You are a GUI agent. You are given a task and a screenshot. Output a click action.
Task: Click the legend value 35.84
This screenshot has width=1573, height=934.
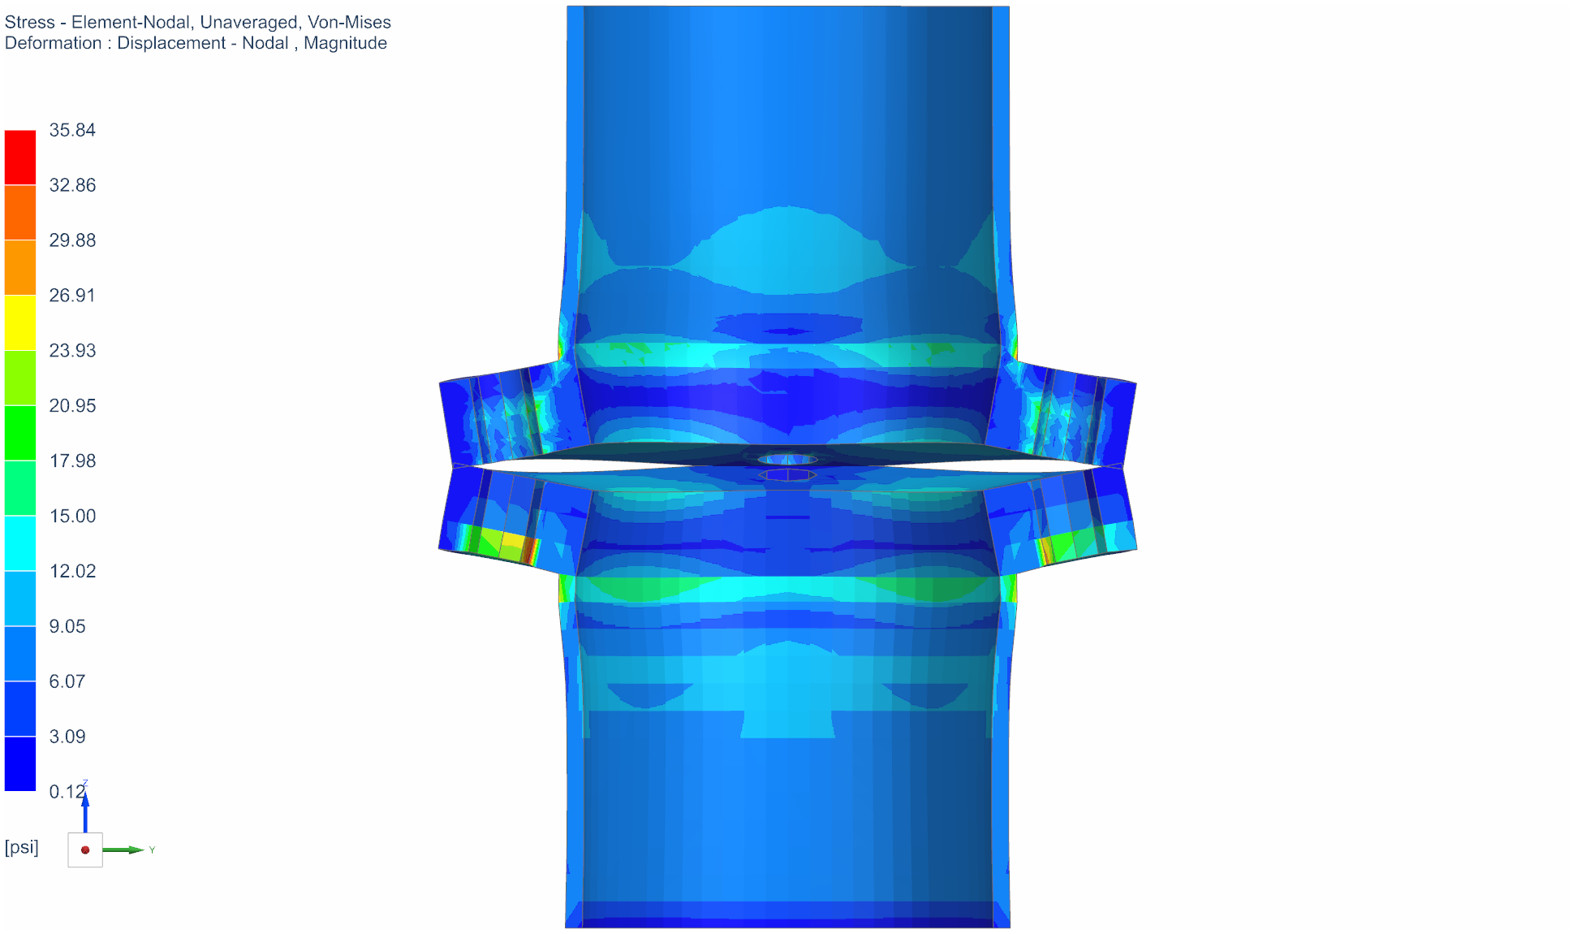(x=72, y=130)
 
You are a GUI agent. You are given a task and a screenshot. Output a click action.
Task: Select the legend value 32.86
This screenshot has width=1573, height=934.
(x=72, y=185)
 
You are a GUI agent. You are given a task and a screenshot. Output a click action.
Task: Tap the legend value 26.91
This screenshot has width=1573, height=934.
(x=72, y=296)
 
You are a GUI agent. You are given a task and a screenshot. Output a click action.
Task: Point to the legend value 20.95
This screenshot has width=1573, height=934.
(x=72, y=406)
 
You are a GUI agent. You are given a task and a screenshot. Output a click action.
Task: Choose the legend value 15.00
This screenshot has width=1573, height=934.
(x=72, y=517)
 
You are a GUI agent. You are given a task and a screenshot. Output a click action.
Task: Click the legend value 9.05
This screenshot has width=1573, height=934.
(x=67, y=627)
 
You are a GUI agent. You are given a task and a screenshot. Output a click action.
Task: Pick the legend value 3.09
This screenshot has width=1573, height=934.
(x=67, y=737)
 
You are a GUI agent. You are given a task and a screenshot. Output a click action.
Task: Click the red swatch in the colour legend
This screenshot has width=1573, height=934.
(x=20, y=158)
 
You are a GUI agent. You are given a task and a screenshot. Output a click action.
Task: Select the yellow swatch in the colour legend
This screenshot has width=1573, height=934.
(x=20, y=322)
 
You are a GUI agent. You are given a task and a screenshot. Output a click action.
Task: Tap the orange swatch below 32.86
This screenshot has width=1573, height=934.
(x=20, y=212)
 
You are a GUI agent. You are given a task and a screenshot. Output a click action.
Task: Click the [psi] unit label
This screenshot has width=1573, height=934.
(x=22, y=847)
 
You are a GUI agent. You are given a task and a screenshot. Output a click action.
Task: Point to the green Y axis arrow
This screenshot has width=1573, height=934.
(x=126, y=850)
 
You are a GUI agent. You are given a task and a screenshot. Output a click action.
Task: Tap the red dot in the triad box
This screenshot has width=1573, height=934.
(x=85, y=850)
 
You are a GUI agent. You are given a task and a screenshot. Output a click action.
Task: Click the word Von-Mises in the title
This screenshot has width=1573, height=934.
(x=349, y=22)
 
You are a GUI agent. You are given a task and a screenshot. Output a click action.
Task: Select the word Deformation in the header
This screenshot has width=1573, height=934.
(x=54, y=43)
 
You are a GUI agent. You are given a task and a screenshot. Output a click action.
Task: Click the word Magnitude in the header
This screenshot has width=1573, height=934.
(x=345, y=43)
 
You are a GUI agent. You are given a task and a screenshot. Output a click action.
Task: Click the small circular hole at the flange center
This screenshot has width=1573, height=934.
(x=787, y=460)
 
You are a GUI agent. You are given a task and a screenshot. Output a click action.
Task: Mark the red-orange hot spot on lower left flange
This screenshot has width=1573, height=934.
(x=529, y=550)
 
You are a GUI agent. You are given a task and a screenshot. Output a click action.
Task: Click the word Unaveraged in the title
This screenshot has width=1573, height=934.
(x=248, y=22)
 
